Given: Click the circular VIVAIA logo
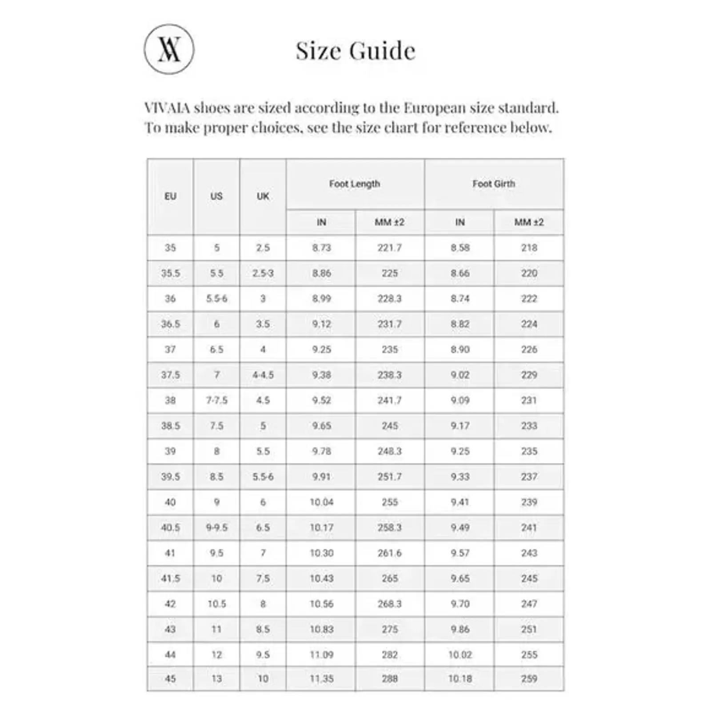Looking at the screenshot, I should point(169,49).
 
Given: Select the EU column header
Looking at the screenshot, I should point(170,196).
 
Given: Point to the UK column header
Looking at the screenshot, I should point(263,196).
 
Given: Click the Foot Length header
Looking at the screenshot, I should point(355,184).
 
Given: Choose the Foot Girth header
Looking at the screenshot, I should point(494,184).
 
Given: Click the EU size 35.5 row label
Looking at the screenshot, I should point(170,273).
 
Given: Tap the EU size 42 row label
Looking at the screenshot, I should point(170,604).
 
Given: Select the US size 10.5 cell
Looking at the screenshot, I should point(216,604).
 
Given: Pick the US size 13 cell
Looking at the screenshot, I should point(216,679).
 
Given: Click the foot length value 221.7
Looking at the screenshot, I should point(390,248).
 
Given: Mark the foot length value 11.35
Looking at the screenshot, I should point(321,679).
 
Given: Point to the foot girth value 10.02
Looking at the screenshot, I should point(460,655).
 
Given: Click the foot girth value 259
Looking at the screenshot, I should point(529,679).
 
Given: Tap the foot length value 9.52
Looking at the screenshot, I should point(321,400).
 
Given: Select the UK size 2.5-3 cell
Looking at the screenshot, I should point(263,273).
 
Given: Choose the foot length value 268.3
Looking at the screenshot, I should point(390,604).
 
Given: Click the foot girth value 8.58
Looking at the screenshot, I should point(460,248).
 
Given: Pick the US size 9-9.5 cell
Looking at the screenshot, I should point(216,527).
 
